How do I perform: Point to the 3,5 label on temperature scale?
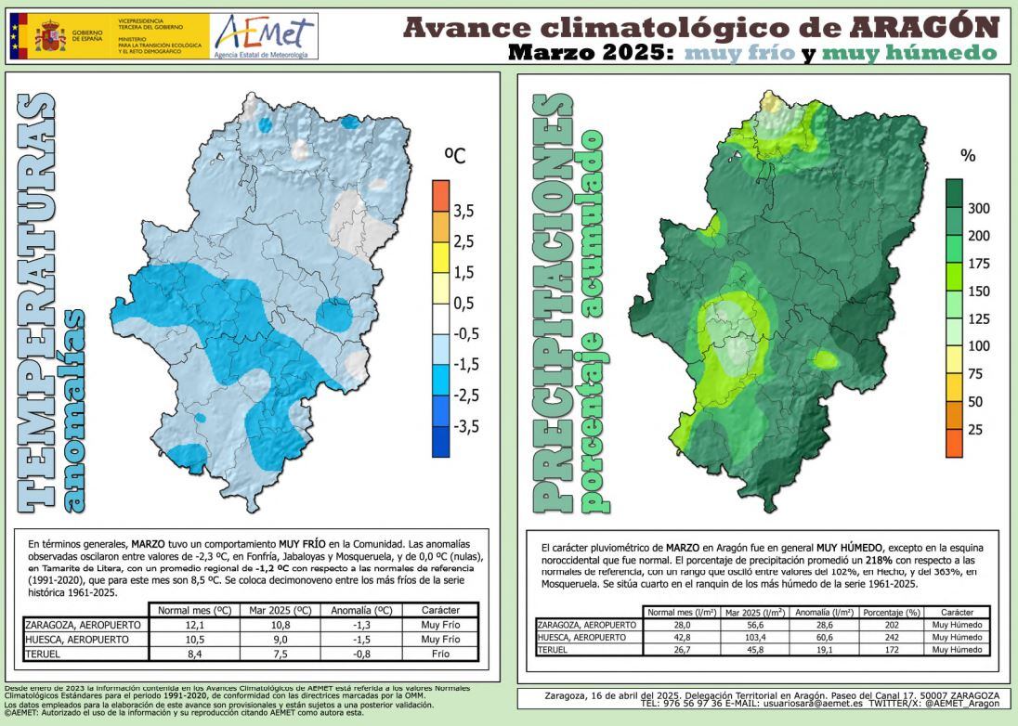(x=463, y=212)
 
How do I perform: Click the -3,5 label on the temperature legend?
(x=463, y=426)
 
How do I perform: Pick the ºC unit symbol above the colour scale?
(x=455, y=156)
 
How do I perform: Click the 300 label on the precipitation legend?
(x=979, y=208)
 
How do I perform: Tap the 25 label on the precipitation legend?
(x=975, y=430)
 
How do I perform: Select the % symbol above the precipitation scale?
(x=968, y=156)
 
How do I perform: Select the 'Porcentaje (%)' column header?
(x=890, y=613)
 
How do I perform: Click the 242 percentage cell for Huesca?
(x=890, y=638)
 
